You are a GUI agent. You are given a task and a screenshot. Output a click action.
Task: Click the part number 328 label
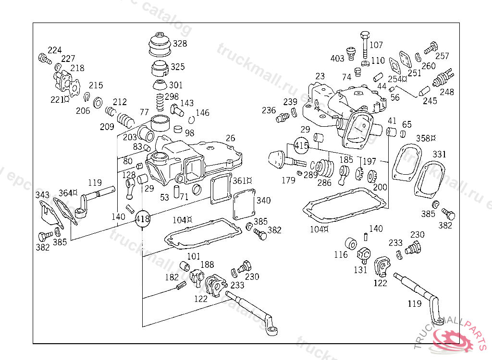point(180,44)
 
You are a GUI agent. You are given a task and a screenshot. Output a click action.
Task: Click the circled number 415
point(301,144)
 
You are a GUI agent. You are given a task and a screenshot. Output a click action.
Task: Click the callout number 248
point(446,92)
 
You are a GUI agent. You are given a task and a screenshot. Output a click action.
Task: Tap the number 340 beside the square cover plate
point(263,200)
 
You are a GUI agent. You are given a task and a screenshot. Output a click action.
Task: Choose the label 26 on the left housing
point(230,138)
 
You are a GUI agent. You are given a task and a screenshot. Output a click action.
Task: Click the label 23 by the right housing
point(320,76)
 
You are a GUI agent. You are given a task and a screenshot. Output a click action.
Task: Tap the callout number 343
point(42,195)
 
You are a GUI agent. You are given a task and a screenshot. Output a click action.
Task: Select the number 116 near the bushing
point(341,254)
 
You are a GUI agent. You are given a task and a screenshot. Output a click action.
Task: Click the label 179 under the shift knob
point(288,180)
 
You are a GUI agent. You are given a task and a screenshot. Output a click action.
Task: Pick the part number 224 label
point(54,51)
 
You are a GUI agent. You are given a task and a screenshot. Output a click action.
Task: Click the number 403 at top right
point(337,59)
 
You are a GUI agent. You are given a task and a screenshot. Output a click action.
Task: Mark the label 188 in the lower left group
point(207,264)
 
